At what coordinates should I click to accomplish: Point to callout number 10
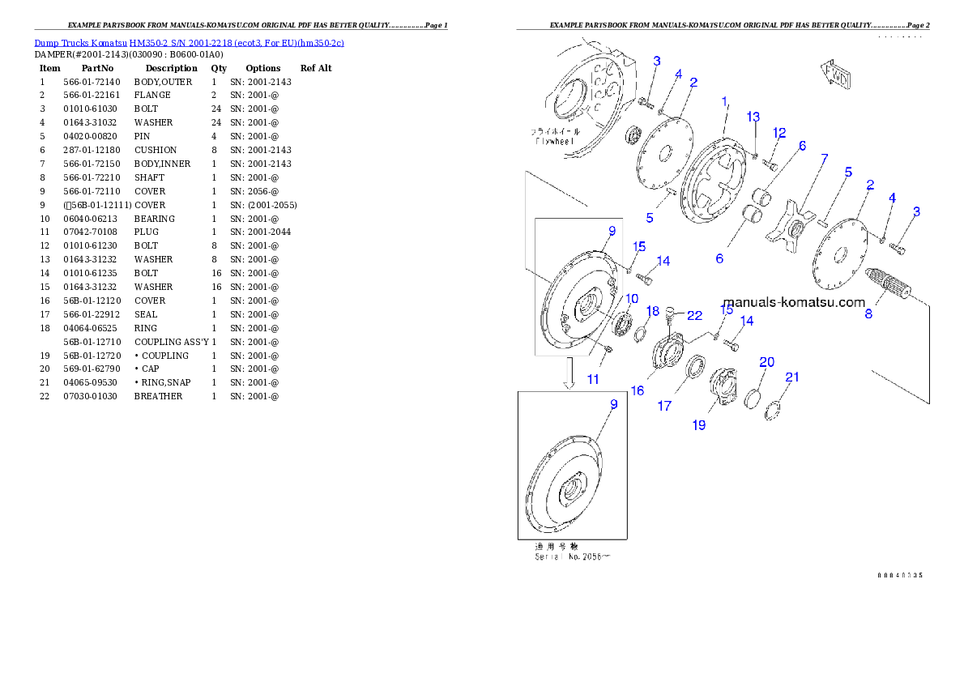tap(631, 299)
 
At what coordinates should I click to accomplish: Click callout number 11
tap(594, 379)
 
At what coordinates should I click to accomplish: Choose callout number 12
tap(779, 133)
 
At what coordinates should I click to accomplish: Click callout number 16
tap(638, 390)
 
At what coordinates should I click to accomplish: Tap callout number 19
tap(699, 424)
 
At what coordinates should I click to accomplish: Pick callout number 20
tap(766, 362)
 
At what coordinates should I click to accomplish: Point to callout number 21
tap(792, 377)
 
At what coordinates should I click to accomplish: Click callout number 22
tap(694, 314)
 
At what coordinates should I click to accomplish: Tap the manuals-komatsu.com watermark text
tap(794, 303)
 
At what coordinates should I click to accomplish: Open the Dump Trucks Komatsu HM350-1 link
tap(189, 42)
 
